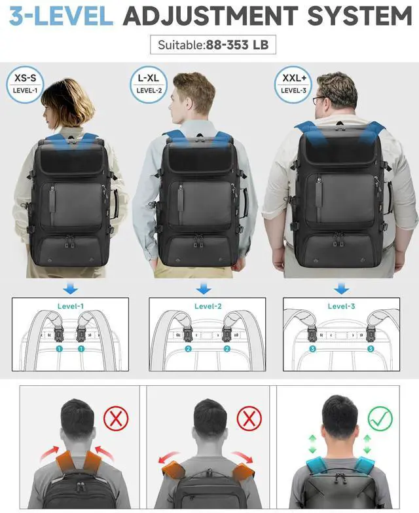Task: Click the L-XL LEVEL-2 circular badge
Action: coord(149,83)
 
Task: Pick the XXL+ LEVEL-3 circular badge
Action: coord(293,83)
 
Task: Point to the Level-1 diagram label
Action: coord(71,305)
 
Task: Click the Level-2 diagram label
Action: coord(208,305)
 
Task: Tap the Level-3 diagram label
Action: coord(340,305)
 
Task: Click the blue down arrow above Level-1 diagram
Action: coord(71,288)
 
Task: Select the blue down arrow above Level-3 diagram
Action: coord(340,288)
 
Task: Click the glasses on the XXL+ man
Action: coord(319,100)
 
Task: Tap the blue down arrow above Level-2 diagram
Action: coord(205,288)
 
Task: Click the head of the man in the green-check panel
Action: coord(339,419)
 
